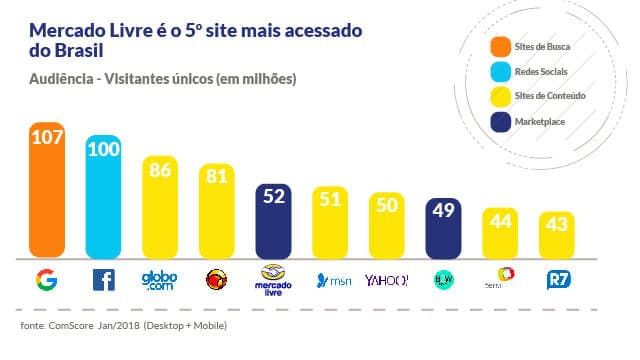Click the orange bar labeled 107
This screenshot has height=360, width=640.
pos(48,190)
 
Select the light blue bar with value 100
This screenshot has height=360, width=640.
pos(105,195)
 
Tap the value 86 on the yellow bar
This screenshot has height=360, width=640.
pos(161,170)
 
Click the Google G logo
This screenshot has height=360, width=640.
pos(48,279)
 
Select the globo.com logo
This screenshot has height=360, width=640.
pos(161,279)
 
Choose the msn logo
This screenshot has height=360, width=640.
pos(331,280)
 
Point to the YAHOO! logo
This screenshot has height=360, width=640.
pos(387,280)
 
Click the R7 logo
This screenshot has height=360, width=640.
pos(557,280)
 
